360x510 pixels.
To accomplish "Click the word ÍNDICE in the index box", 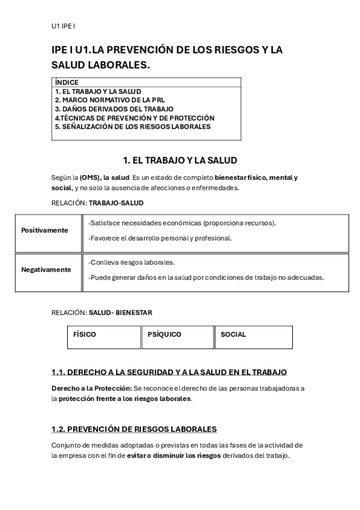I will pyautogui.click(x=66, y=82).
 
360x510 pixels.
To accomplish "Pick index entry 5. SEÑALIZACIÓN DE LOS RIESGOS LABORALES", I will pyautogui.click(x=132, y=127).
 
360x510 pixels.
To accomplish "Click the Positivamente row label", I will pyautogui.click(x=44, y=230).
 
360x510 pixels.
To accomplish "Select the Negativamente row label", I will pyautogui.click(x=46, y=269).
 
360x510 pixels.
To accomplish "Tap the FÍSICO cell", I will pyautogui.click(x=85, y=334).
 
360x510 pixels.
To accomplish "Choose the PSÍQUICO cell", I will pyautogui.click(x=164, y=334).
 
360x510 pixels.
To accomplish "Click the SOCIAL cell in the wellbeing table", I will pyautogui.click(x=233, y=334).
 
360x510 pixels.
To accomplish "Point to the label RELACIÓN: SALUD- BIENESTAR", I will pyautogui.click(x=102, y=313).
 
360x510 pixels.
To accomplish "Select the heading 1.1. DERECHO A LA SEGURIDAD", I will pyautogui.click(x=169, y=372).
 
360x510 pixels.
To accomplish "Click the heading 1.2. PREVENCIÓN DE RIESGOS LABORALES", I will pyautogui.click(x=134, y=429).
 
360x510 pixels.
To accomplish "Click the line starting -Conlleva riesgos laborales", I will pyautogui.click(x=131, y=263).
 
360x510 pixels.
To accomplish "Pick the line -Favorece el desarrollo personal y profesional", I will pyautogui.click(x=159, y=238).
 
